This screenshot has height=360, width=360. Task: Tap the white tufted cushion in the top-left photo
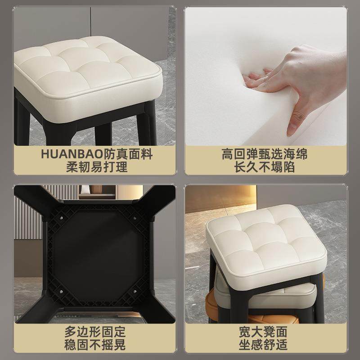click(88, 67)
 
